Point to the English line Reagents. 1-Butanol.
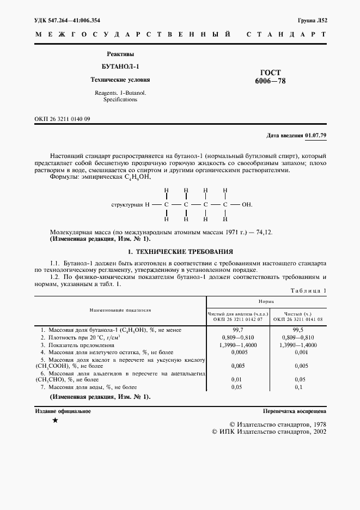[120, 93]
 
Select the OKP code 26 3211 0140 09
[63, 118]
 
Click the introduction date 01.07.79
[315, 135]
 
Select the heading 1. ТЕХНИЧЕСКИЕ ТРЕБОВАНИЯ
[180, 252]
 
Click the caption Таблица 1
[308, 290]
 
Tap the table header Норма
[266, 301]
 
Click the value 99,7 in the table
[237, 330]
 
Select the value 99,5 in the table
[298, 330]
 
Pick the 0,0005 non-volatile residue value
[237, 352]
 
